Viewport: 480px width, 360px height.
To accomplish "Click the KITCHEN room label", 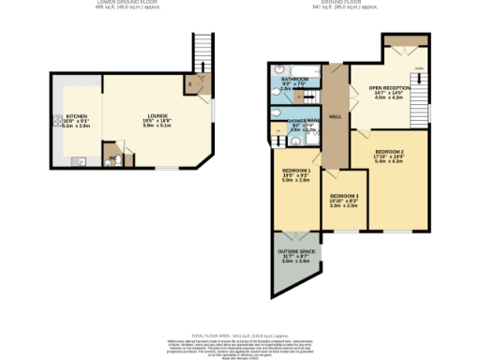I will coord(75,117).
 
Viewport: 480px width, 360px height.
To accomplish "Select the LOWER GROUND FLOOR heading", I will coord(129,3).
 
